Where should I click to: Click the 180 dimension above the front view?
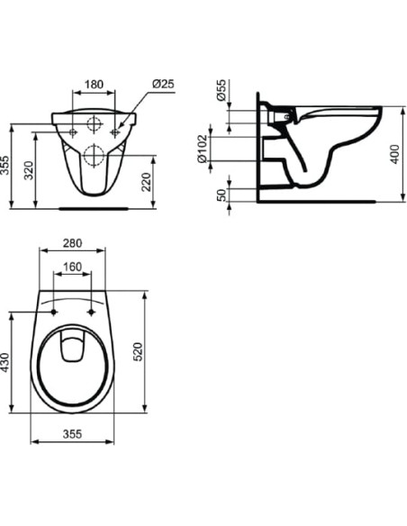[94, 85]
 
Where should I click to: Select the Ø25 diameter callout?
[163, 85]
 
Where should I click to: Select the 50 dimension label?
[222, 195]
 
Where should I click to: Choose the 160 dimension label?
[73, 268]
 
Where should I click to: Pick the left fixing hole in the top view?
[55, 313]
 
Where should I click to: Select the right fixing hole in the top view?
[92, 313]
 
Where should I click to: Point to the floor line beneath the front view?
[94, 206]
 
